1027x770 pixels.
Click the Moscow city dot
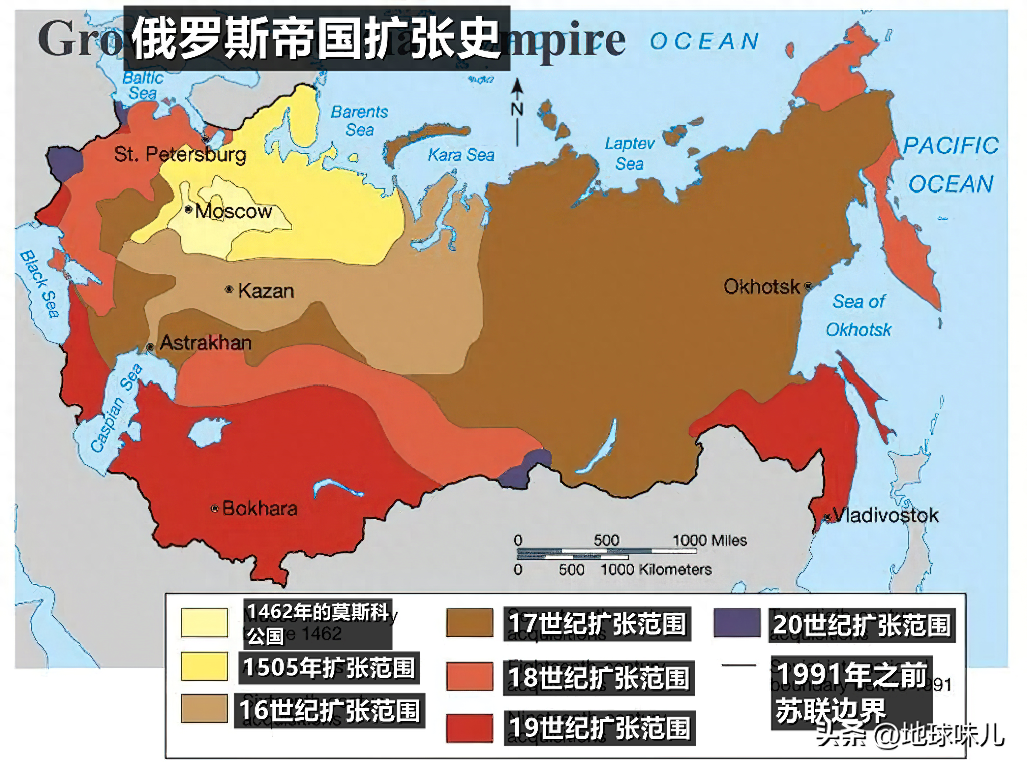pyautogui.click(x=188, y=209)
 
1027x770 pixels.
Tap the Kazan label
pyautogui.click(x=266, y=291)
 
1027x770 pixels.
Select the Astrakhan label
pyautogui.click(x=206, y=343)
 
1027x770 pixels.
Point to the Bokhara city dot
pyautogui.click(x=215, y=509)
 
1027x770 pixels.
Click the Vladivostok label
pyautogui.click(x=886, y=515)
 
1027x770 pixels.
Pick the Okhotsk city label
pyautogui.click(x=761, y=287)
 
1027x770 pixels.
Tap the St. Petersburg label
pyautogui.click(x=180, y=154)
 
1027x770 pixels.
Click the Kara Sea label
pyautogui.click(x=461, y=155)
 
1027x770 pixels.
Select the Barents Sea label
pyautogui.click(x=359, y=121)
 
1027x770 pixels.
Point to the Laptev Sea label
pyautogui.click(x=629, y=154)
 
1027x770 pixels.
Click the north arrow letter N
pyautogui.click(x=517, y=109)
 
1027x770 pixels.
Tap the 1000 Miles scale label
pyautogui.click(x=709, y=540)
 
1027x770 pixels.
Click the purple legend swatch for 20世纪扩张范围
pyautogui.click(x=736, y=623)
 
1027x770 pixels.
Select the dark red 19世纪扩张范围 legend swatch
pyautogui.click(x=469, y=728)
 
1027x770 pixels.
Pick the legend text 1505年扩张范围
pyautogui.click(x=329, y=668)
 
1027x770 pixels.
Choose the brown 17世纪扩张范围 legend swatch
pyautogui.click(x=469, y=623)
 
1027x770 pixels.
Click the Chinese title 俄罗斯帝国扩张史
pyautogui.click(x=316, y=38)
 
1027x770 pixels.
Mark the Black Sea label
pyautogui.click(x=40, y=284)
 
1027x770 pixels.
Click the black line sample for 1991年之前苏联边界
pyautogui.click(x=738, y=665)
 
